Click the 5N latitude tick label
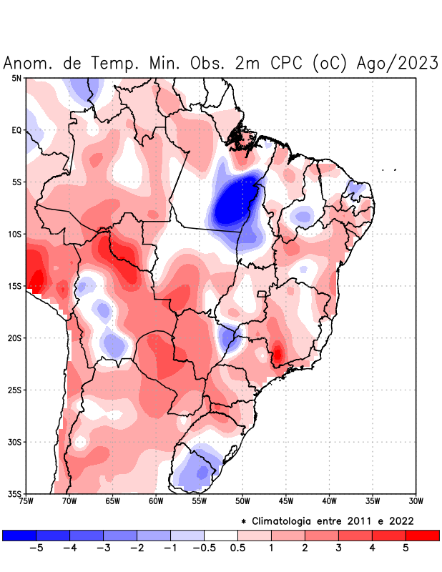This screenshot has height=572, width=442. tap(16, 78)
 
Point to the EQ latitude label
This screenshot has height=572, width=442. tap(16, 130)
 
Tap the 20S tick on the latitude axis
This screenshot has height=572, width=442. tap(15, 338)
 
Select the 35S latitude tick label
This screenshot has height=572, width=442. tap(15, 494)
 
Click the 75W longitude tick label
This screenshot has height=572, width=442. tap(26, 501)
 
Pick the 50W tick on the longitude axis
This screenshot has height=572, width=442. tap(242, 501)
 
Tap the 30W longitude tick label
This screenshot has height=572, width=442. tap(416, 501)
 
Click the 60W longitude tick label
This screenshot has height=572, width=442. tap(156, 501)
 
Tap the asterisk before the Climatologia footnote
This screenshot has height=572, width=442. tap(245, 521)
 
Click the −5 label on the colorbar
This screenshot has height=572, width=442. tap(36, 548)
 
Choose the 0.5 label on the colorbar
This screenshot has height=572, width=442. tap(238, 548)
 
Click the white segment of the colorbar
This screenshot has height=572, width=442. tap(221, 535)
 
